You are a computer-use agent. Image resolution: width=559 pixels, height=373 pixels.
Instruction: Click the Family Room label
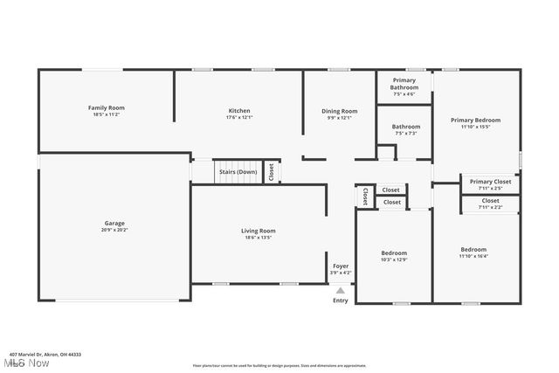(106, 107)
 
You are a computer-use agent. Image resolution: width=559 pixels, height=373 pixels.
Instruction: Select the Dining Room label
(340, 111)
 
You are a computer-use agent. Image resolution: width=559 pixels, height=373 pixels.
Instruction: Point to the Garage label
(114, 223)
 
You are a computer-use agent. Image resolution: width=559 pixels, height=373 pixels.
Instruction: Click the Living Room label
(259, 231)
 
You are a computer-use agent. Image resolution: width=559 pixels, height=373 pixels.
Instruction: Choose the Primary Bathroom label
(404, 84)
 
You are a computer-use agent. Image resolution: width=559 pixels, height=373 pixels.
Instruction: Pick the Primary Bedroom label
(475, 120)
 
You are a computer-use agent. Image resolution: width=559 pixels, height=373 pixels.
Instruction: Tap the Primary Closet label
(490, 182)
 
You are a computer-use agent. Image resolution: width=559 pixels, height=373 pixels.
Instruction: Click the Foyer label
(341, 266)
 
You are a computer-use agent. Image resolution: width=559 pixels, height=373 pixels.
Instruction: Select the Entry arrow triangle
(341, 291)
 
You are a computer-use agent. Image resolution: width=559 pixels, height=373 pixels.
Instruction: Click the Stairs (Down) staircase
(238, 172)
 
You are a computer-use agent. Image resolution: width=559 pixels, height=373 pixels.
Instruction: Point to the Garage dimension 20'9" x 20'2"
(114, 230)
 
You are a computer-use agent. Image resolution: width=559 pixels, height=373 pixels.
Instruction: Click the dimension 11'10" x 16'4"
(473, 256)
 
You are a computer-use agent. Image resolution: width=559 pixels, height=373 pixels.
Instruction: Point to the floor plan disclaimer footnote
(279, 365)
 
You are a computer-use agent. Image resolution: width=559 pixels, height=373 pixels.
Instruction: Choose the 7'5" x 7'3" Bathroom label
(405, 127)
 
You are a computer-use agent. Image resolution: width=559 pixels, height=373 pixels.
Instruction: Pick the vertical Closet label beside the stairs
(271, 171)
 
